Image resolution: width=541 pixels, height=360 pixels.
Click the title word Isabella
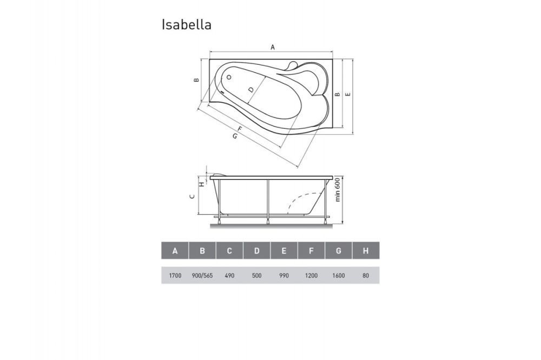coord(186,25)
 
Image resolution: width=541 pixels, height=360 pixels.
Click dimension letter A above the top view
coord(273,48)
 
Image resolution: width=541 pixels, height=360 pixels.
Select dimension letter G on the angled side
coord(234,136)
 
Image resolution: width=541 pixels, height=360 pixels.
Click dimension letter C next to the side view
coord(192,197)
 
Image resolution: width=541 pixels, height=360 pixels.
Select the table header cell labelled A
coord(175,251)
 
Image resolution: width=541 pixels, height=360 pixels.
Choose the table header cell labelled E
coord(284,251)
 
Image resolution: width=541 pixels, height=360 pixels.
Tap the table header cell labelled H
coord(366,251)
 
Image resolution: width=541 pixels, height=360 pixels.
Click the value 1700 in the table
coord(175,275)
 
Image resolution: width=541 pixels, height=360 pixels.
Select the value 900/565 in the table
coord(202,275)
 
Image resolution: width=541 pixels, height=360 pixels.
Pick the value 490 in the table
coord(229,275)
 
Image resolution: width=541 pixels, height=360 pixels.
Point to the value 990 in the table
coord(284,275)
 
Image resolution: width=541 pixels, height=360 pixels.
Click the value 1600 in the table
coord(339,275)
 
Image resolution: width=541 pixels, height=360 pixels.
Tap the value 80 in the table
coord(366,275)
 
